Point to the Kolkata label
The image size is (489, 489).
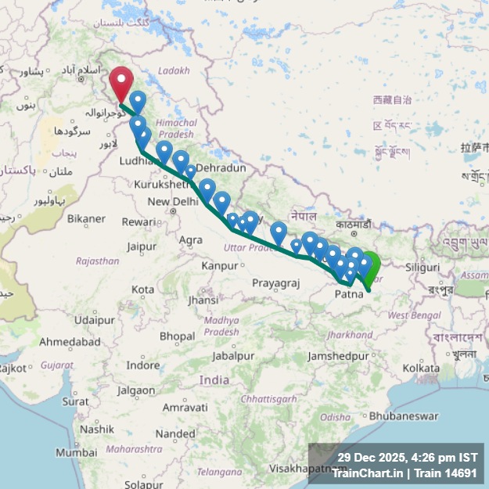421,367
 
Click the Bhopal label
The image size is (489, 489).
177,336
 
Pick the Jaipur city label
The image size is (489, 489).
142,247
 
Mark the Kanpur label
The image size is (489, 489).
220,266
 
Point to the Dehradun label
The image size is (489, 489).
221,167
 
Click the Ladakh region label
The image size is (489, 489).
174,70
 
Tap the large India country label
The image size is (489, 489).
214,380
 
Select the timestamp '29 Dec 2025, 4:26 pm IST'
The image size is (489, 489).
407,457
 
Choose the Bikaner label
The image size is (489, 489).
86,219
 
